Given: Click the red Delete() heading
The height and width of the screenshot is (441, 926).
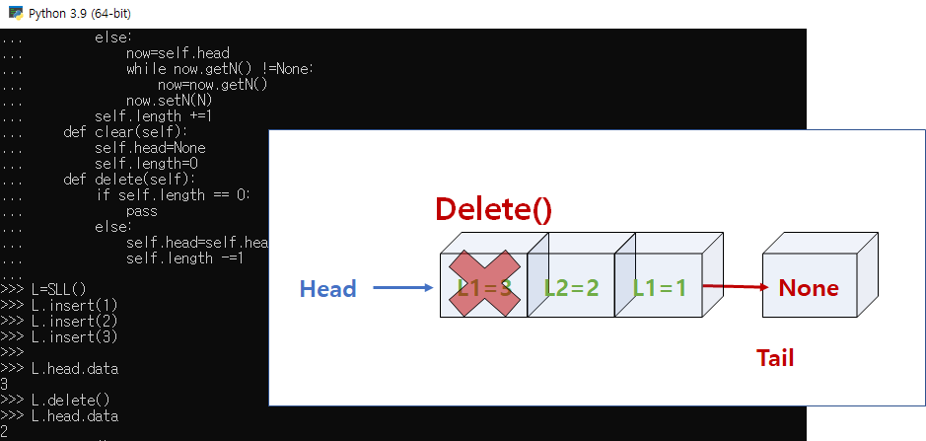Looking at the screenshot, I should click(x=493, y=209).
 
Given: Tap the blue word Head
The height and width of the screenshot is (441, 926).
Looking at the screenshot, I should click(x=327, y=288).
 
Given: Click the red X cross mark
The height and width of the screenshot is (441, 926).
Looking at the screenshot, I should click(x=483, y=284).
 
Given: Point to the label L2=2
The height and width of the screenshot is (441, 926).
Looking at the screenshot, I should click(x=572, y=288).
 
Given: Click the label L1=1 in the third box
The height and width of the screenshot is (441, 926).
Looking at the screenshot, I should click(x=660, y=288).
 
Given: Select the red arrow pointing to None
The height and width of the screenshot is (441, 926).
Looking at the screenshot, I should click(x=734, y=288).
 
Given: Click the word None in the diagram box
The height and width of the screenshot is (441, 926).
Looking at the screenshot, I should click(x=809, y=288).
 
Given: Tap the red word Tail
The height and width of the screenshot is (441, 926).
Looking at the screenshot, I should click(x=775, y=358).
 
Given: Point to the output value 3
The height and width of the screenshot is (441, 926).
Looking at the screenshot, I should click(x=5, y=384).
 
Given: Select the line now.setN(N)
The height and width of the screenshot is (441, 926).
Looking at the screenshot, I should click(x=170, y=100).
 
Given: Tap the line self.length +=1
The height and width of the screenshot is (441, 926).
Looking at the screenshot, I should click(x=154, y=115).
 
